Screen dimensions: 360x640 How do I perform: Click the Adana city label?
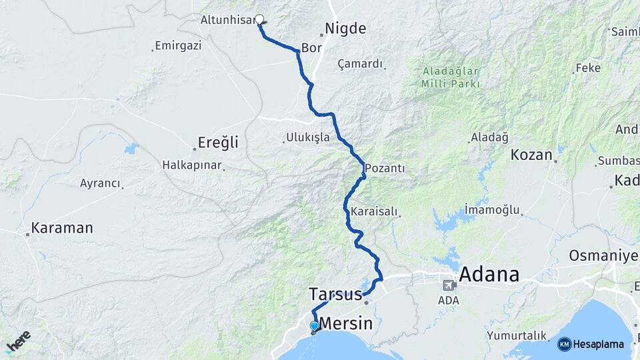click(x=489, y=274)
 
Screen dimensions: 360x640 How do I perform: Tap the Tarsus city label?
click(x=335, y=293)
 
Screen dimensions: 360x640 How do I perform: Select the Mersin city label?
click(x=346, y=323)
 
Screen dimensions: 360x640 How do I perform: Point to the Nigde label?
click(x=345, y=29)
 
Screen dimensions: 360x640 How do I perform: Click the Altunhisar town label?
click(x=227, y=20)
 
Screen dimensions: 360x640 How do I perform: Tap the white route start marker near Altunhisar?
click(x=259, y=19)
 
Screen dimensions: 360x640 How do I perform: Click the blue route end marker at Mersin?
click(x=314, y=326)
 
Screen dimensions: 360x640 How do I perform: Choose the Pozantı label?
click(x=385, y=168)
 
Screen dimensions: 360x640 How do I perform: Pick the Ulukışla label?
click(x=307, y=137)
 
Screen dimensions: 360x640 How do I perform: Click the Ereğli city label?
click(x=218, y=143)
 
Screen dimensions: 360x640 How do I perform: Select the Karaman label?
click(x=62, y=228)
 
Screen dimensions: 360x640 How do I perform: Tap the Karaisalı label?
click(x=374, y=212)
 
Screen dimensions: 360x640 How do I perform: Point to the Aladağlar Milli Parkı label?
click(x=450, y=77)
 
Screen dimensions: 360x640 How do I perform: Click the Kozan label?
click(x=531, y=155)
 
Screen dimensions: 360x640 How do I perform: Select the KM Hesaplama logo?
click(x=591, y=344)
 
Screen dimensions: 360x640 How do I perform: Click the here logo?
click(x=19, y=341)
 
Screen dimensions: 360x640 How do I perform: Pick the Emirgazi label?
click(x=177, y=46)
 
